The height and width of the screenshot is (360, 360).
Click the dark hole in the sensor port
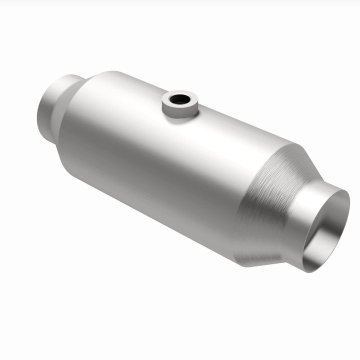(x=179, y=99)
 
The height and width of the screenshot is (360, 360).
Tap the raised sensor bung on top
(x=180, y=104)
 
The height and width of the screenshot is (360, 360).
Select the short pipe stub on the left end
(x=50, y=107)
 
